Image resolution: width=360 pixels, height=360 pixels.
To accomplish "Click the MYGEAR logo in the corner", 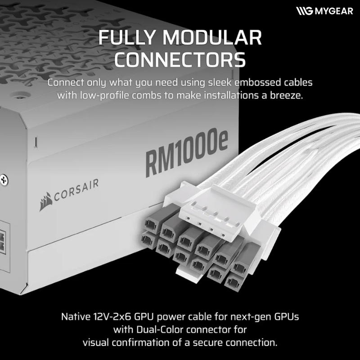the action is (x=324, y=11).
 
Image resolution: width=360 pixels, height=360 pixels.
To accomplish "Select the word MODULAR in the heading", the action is (x=212, y=37).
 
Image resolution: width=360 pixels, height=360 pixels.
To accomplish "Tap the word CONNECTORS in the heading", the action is (x=180, y=59).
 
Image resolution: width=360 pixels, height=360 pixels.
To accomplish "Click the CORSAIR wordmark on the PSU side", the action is (x=76, y=190).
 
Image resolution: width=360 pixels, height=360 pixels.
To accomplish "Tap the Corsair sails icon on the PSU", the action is (x=46, y=202).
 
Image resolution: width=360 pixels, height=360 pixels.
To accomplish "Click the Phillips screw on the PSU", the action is (x=4, y=180).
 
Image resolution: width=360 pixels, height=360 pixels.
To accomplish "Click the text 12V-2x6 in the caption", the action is (x=112, y=317).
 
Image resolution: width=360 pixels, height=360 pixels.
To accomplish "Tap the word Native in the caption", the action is (x=76, y=317).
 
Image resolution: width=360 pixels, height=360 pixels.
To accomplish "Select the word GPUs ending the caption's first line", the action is (x=286, y=317).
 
